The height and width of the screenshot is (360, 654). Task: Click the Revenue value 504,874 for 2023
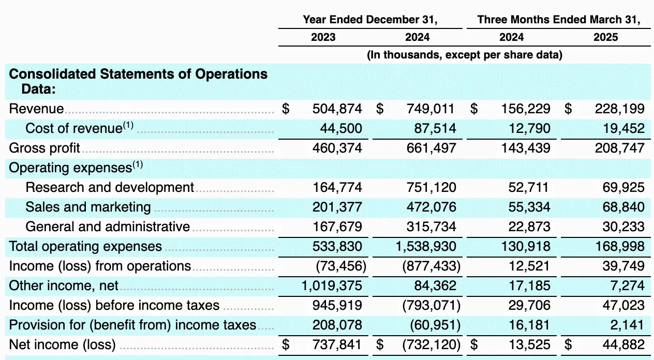click(x=337, y=109)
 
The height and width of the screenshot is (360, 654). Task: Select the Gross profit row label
click(x=44, y=148)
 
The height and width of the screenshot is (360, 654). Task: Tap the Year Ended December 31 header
click(x=370, y=20)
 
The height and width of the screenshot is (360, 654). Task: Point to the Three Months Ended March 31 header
click(x=559, y=20)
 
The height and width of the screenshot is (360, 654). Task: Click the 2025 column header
click(x=605, y=37)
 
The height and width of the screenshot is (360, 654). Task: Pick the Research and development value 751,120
click(x=431, y=187)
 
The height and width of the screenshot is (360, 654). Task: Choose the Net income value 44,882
click(x=619, y=344)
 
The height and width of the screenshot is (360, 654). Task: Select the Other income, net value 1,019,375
click(x=332, y=286)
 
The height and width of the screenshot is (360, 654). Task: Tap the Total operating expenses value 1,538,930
click(x=426, y=246)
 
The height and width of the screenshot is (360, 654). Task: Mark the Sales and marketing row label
click(x=88, y=207)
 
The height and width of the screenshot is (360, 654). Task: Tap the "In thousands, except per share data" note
click(x=464, y=55)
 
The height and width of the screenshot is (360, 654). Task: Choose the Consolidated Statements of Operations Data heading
click(x=138, y=81)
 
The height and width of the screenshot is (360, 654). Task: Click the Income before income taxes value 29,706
click(x=529, y=305)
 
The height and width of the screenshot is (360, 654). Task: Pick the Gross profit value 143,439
click(x=525, y=148)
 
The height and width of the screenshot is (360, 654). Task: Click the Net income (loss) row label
click(x=62, y=344)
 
